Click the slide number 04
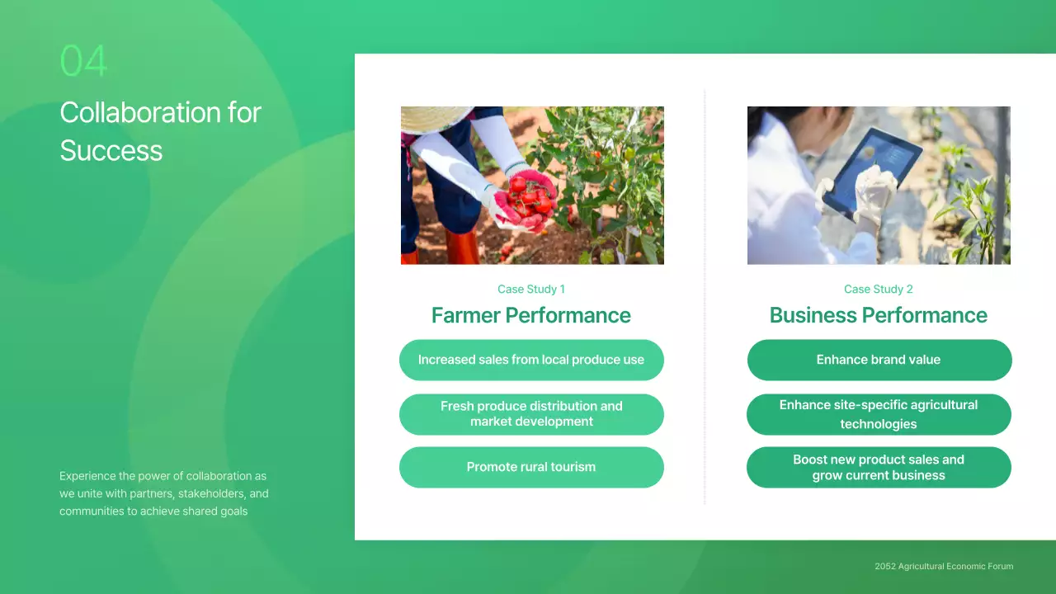83,61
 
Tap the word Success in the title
111,150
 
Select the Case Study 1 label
530,289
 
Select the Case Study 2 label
878,289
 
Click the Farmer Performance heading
530,315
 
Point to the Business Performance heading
878,315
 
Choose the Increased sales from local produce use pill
530,360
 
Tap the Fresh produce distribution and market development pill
530,414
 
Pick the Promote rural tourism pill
530,467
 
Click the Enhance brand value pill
879,360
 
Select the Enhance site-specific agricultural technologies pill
879,414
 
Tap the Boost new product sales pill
879,467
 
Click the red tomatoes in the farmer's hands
528,198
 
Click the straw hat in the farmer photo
433,118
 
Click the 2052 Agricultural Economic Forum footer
944,566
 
